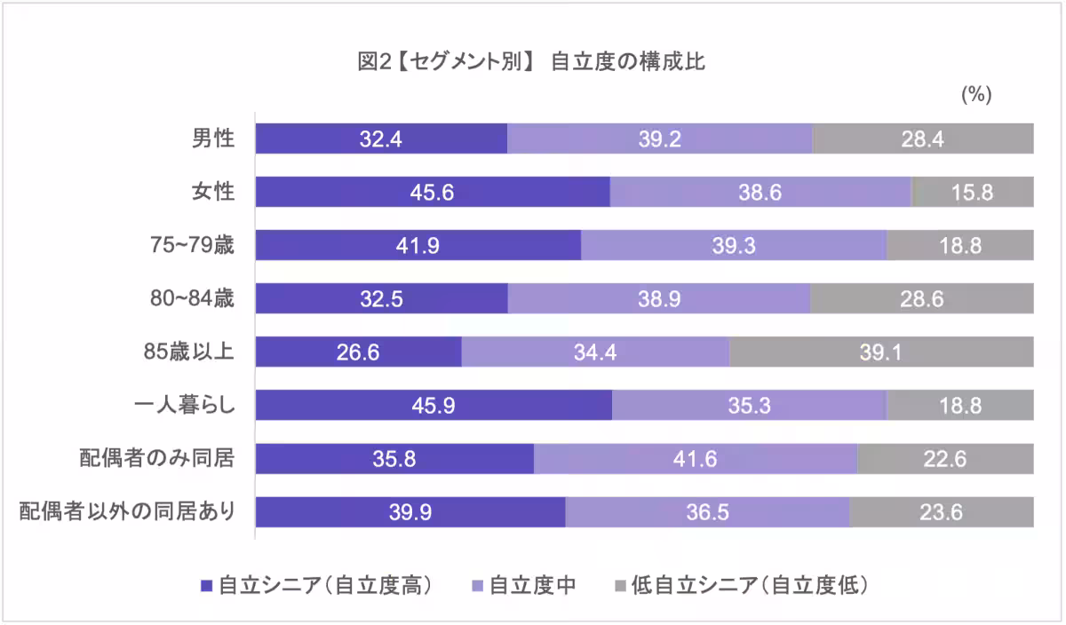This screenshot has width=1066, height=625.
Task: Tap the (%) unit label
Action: click(x=976, y=96)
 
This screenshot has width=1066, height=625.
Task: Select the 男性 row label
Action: click(x=213, y=139)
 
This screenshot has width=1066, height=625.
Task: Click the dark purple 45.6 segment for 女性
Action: click(x=433, y=193)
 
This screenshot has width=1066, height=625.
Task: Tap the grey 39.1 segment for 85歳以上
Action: click(x=881, y=352)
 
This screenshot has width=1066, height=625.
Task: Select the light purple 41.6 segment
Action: click(x=696, y=459)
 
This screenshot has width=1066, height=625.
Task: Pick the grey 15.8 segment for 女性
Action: click(x=972, y=193)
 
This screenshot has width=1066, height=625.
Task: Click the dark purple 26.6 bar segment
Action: click(x=359, y=352)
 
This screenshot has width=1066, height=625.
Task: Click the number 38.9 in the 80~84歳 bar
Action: click(x=659, y=299)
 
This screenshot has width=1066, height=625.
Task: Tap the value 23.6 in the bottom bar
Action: click(x=941, y=512)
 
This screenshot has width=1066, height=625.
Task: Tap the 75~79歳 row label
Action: click(x=192, y=246)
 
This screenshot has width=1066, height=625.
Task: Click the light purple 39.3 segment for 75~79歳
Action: click(x=734, y=246)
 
